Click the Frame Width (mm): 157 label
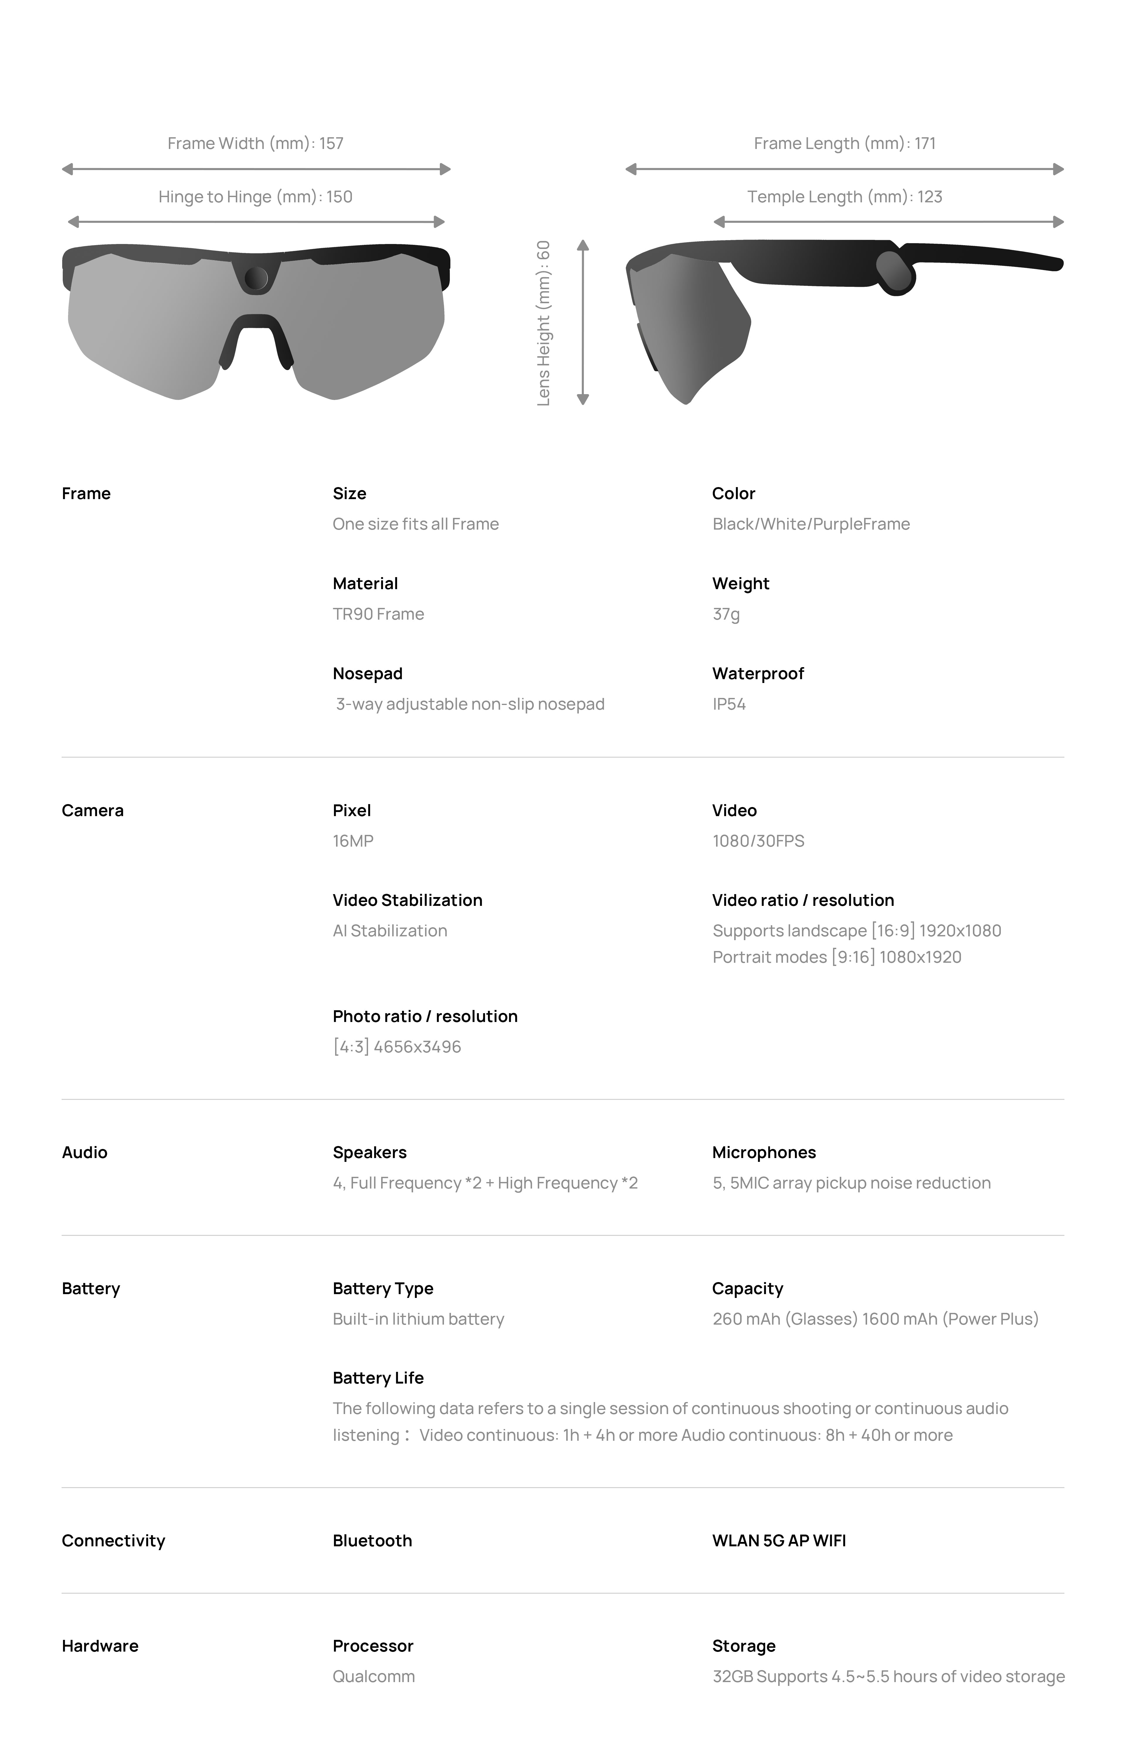(x=255, y=143)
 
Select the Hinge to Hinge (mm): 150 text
(x=255, y=197)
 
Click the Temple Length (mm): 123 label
(x=844, y=197)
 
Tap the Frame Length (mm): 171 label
(x=844, y=143)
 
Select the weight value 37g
(x=726, y=614)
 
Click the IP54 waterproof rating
(x=729, y=704)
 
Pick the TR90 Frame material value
(x=378, y=614)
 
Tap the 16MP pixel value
(x=353, y=841)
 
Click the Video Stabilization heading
(x=407, y=900)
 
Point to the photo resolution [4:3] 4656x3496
(x=397, y=1047)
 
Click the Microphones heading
(x=764, y=1152)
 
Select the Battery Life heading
(x=378, y=1378)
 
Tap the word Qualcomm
(x=374, y=1677)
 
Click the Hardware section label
(x=100, y=1646)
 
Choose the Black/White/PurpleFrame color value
(x=811, y=524)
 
